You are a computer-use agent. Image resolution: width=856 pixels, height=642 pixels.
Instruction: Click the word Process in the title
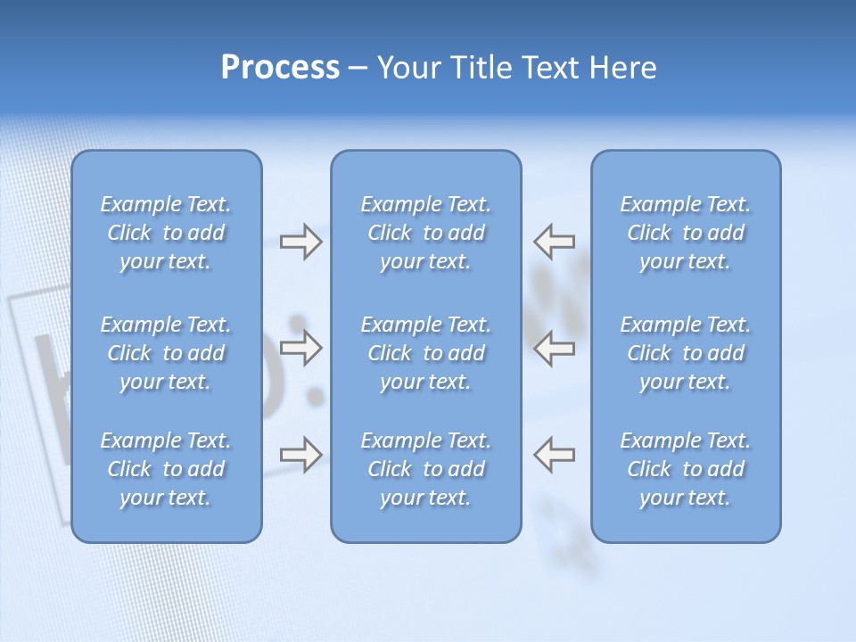coord(280,68)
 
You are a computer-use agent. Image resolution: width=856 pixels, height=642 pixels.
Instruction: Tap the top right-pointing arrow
coord(300,242)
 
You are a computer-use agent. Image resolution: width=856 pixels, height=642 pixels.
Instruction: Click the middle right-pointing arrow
coord(300,348)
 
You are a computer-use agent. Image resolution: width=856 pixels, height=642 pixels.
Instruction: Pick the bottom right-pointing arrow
coord(300,454)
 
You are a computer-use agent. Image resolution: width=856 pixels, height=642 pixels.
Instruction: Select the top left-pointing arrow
coord(554,242)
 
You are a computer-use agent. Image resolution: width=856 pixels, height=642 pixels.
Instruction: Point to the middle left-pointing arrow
coord(554,348)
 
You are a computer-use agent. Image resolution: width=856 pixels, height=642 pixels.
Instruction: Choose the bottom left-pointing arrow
coord(554,454)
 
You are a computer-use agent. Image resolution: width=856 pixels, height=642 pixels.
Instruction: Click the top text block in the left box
coord(166,233)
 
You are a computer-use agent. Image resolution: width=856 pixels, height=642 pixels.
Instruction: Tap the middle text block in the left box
coord(166,353)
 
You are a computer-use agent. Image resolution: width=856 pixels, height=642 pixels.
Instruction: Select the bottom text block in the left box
coord(166,469)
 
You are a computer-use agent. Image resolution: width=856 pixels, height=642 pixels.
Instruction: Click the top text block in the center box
coord(425,233)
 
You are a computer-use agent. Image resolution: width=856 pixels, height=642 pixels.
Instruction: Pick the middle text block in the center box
coord(425,353)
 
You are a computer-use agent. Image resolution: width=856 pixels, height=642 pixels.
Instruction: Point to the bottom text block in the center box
coord(425,469)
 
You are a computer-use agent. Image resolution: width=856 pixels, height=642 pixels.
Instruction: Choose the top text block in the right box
coord(686,233)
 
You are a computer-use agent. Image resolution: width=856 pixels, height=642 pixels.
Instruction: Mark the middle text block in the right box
coord(686,353)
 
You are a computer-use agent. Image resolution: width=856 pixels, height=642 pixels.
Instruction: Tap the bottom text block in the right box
coord(686,469)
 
